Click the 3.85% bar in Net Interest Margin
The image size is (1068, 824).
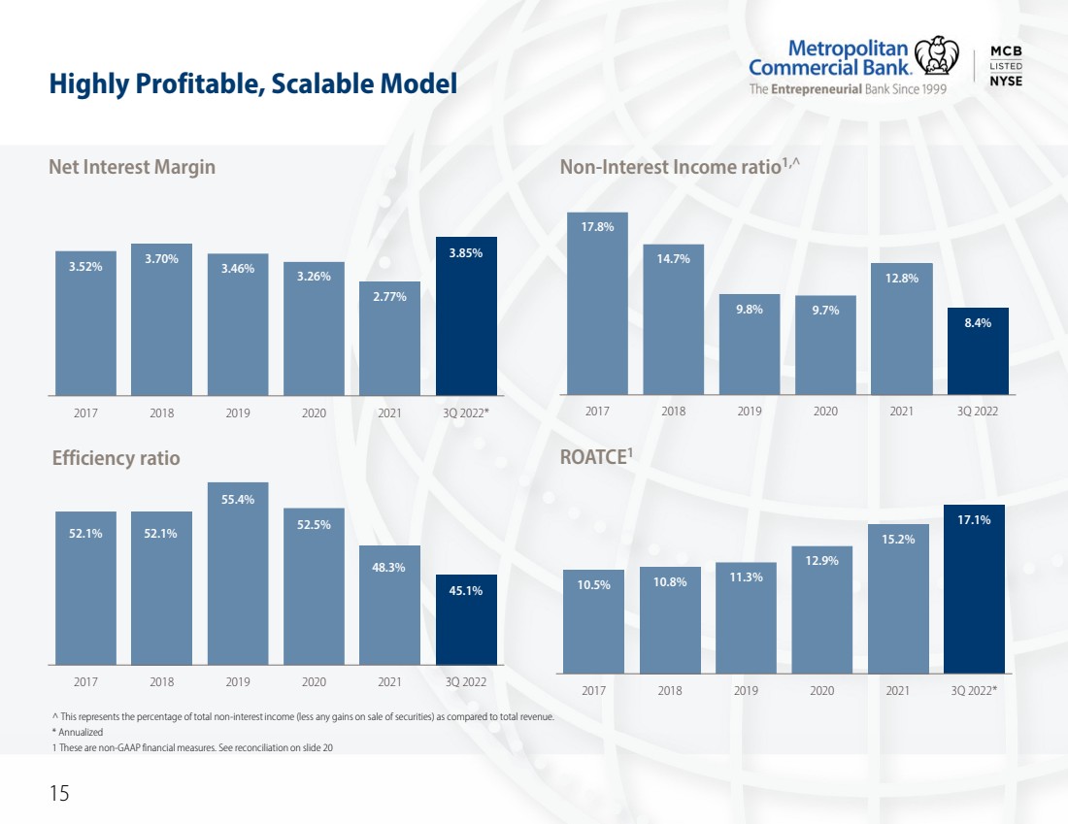[x=466, y=316]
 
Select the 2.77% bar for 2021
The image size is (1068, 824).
[x=389, y=339]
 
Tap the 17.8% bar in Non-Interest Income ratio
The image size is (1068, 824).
[x=597, y=303]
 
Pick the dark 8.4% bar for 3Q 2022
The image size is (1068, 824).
[x=978, y=350]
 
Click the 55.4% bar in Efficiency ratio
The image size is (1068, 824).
[x=238, y=574]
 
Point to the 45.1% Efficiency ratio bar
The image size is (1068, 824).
[x=466, y=620]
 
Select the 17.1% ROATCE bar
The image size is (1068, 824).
[x=974, y=589]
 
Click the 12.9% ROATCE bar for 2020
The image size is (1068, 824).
[x=822, y=610]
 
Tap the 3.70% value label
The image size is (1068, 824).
[x=161, y=259]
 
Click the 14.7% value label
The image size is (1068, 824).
[x=674, y=259]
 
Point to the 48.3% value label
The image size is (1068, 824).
[x=389, y=567]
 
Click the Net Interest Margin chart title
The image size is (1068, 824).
[x=132, y=167]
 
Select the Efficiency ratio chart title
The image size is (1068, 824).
[x=117, y=458]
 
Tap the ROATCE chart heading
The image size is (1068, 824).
[x=597, y=456]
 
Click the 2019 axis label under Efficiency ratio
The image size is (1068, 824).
[x=238, y=681]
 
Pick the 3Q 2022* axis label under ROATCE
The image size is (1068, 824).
[x=974, y=690]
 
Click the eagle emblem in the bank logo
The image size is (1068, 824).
[x=936, y=56]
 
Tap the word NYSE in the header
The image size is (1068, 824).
[x=1006, y=81]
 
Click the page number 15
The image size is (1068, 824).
[x=59, y=793]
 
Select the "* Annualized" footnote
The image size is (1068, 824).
[x=78, y=732]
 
